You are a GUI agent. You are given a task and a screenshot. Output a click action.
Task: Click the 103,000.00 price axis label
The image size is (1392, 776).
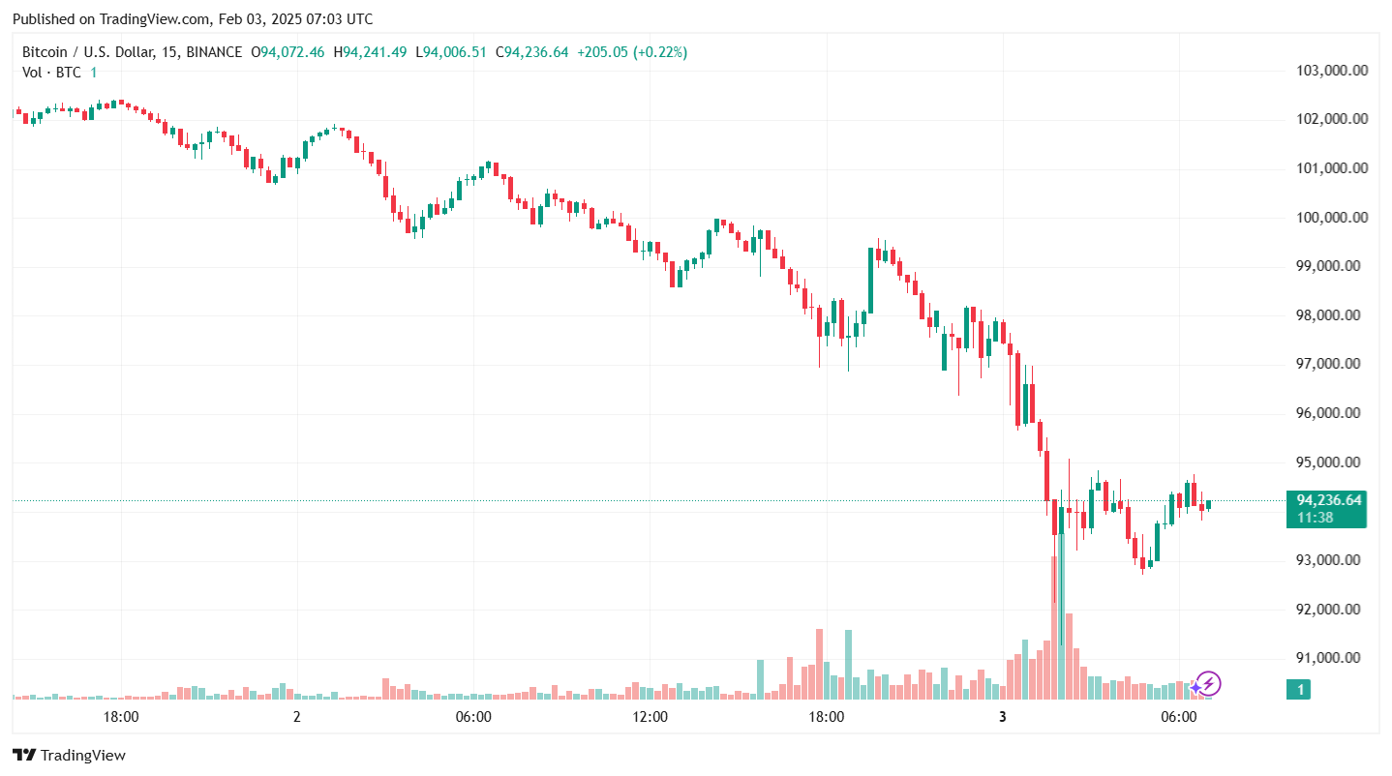pyautogui.click(x=1331, y=71)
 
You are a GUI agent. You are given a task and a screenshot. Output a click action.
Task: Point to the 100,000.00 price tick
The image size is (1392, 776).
pyautogui.click(x=1331, y=218)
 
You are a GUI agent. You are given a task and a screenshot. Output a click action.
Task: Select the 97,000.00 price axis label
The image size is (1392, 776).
pyautogui.click(x=1331, y=364)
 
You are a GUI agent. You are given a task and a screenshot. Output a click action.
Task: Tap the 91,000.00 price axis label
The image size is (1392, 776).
pyautogui.click(x=1331, y=658)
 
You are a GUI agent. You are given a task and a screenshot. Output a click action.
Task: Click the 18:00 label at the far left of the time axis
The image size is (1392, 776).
pyautogui.click(x=120, y=717)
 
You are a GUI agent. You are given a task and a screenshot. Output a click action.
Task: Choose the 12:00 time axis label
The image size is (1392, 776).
pyautogui.click(x=650, y=717)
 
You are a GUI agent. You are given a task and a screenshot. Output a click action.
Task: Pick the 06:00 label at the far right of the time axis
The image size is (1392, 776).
pyautogui.click(x=1178, y=717)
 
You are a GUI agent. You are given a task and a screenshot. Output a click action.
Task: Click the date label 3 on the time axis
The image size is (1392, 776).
pyautogui.click(x=1003, y=717)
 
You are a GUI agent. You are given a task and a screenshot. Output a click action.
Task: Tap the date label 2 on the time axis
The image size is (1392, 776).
pyautogui.click(x=297, y=717)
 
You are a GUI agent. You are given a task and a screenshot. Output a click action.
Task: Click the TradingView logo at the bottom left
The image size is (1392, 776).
pyautogui.click(x=69, y=756)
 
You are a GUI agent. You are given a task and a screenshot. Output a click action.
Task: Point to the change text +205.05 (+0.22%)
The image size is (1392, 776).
pyautogui.click(x=632, y=52)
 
